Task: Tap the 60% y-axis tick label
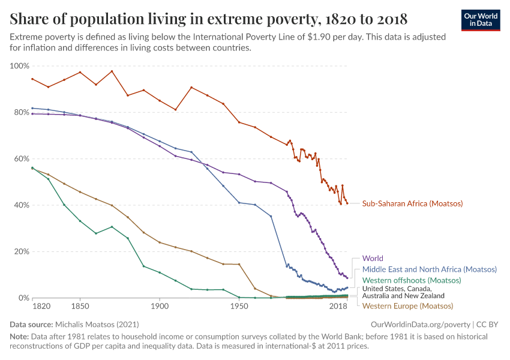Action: pos(20,159)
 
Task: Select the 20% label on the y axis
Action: pos(20,251)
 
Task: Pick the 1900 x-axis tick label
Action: pos(160,306)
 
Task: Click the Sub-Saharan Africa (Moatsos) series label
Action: pos(412,203)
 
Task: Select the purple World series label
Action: pos(373,259)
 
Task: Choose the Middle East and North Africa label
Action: pos(429,269)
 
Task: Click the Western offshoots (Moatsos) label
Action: pos(412,280)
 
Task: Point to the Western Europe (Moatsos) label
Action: pos(407,306)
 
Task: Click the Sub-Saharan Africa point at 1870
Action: pos(112,71)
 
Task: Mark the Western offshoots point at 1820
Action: pos(32,169)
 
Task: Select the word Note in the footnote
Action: pos(20,337)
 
